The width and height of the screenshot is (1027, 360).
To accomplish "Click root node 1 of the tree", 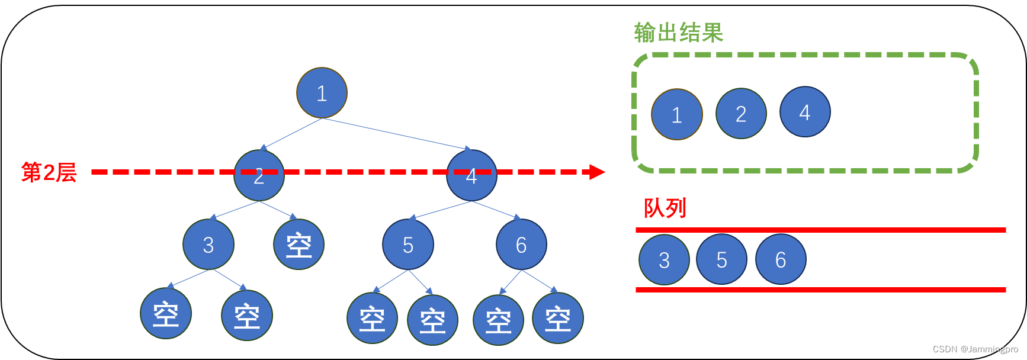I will pyautogui.click(x=322, y=93).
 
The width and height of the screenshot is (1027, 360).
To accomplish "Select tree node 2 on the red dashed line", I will pyautogui.click(x=259, y=175).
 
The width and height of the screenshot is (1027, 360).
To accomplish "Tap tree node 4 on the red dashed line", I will pyautogui.click(x=471, y=175).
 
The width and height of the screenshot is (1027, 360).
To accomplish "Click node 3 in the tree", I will pyautogui.click(x=208, y=245).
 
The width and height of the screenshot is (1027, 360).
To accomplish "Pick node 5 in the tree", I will pyautogui.click(x=408, y=245).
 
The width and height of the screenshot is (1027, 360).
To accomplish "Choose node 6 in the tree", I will pyautogui.click(x=521, y=245).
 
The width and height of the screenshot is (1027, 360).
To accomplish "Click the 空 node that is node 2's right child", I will pyautogui.click(x=299, y=245).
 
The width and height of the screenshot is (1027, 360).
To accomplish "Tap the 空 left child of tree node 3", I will pyautogui.click(x=166, y=313).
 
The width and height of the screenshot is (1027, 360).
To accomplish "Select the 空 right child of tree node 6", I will pyautogui.click(x=558, y=318).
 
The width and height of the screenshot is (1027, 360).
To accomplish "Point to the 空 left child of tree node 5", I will pyautogui.click(x=372, y=318).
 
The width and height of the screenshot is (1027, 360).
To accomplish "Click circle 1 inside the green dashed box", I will pyautogui.click(x=677, y=114).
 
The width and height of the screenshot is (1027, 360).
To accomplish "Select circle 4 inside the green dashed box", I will pyautogui.click(x=805, y=112).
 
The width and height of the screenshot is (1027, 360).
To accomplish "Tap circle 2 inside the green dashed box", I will pyautogui.click(x=741, y=114).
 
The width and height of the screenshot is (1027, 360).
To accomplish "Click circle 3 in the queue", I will pyautogui.click(x=665, y=259).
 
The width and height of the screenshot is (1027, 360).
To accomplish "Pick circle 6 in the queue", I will pyautogui.click(x=781, y=259).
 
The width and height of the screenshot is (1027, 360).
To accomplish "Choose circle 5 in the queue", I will pyautogui.click(x=721, y=259).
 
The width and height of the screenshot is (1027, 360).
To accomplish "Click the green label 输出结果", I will pyautogui.click(x=679, y=33).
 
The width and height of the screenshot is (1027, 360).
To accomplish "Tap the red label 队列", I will pyautogui.click(x=665, y=208).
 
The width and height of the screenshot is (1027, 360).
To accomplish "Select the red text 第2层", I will pyautogui.click(x=49, y=172).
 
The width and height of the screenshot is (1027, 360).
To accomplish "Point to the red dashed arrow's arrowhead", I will pyautogui.click(x=596, y=172).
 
